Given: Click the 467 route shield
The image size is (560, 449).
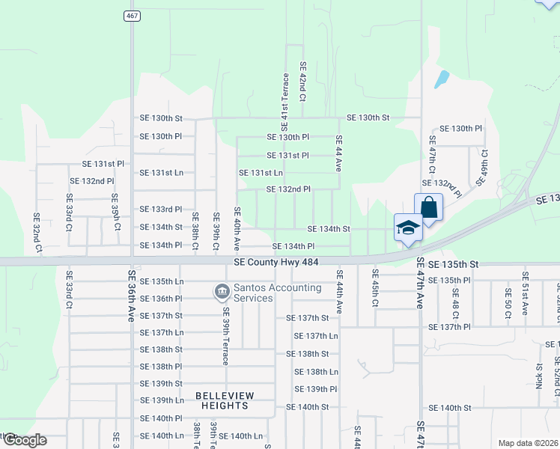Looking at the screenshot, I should coord(130,16).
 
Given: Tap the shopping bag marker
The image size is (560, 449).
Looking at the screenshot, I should coord(428,207).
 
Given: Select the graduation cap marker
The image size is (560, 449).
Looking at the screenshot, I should coord(409,227).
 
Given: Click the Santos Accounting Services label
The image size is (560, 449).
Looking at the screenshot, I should coord(253,293).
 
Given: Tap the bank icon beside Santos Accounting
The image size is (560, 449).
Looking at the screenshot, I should coord(222,291).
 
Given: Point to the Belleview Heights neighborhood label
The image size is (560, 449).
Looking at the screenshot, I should coord(225,400).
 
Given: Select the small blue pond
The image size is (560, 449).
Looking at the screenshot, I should coord(442,79).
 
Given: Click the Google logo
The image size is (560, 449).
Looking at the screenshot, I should coord(24,440).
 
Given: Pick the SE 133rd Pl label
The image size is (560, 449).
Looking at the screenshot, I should coord(161,209).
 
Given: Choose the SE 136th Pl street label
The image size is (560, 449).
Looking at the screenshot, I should coord(161,298).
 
